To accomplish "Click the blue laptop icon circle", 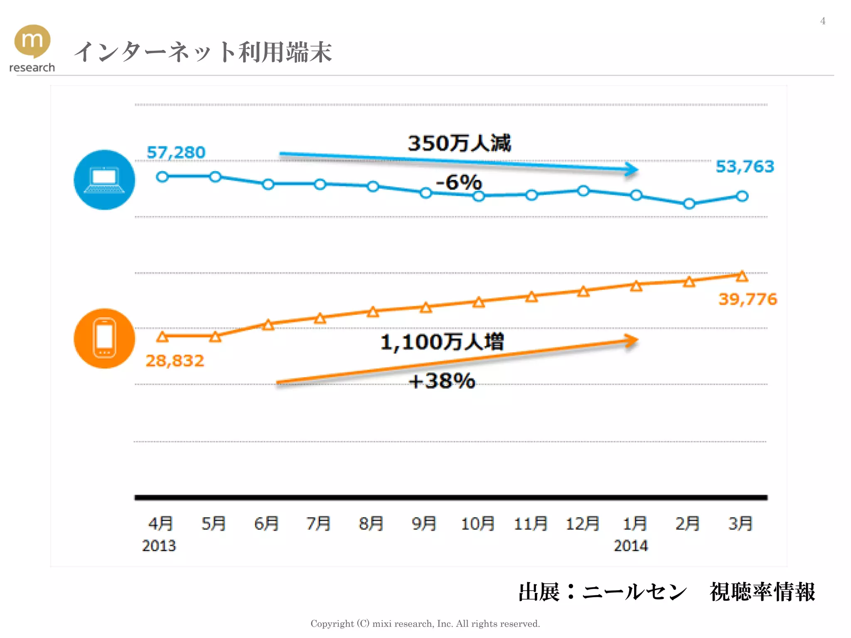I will pos(104,180).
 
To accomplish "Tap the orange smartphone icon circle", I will pos(104,338).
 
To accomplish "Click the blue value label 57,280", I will pos(176,152).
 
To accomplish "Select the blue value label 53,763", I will pos(745,167).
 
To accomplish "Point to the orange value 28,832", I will pos(175,361).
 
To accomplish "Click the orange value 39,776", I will pos(748,299).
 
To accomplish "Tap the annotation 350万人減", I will pos(459,143).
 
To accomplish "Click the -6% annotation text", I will pos(459,182).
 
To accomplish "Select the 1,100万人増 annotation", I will pos(442,342).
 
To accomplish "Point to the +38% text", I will pos(442,380).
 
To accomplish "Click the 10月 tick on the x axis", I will pos(478,523).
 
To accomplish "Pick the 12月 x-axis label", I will pos(583,523).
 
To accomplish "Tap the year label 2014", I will pos(631,545).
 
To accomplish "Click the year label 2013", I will pos(159,545).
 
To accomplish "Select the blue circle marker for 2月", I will pos(689,204).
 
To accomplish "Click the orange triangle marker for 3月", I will pos(742,276).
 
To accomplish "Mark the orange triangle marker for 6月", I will pos(268,325).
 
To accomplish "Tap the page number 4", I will pos(823,21).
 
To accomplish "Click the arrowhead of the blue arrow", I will pos(632,169).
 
